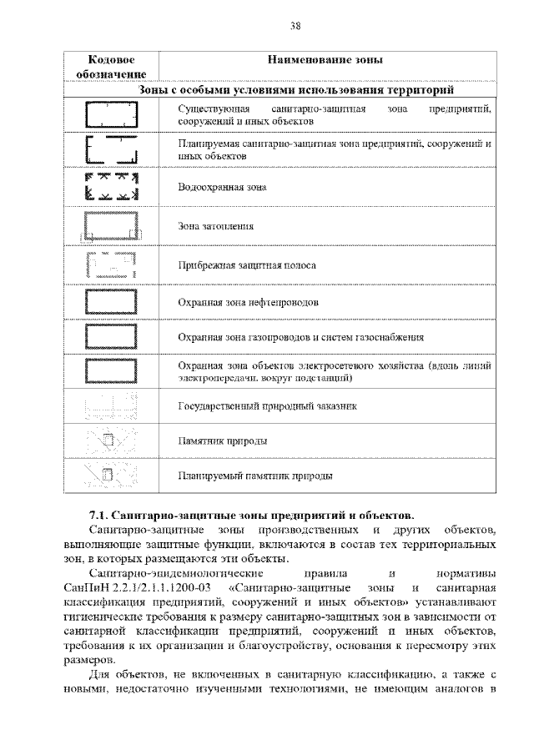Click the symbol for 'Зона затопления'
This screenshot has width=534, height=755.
(111, 226)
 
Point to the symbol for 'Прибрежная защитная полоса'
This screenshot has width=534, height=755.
(111, 265)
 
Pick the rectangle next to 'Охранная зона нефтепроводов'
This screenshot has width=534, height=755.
(111, 302)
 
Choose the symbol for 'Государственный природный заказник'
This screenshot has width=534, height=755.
(111, 406)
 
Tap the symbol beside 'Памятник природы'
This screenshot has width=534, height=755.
(111, 441)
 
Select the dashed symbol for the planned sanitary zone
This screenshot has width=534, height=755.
(111, 150)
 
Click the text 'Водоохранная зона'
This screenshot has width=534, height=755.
(223, 188)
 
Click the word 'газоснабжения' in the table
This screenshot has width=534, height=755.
(390, 338)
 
